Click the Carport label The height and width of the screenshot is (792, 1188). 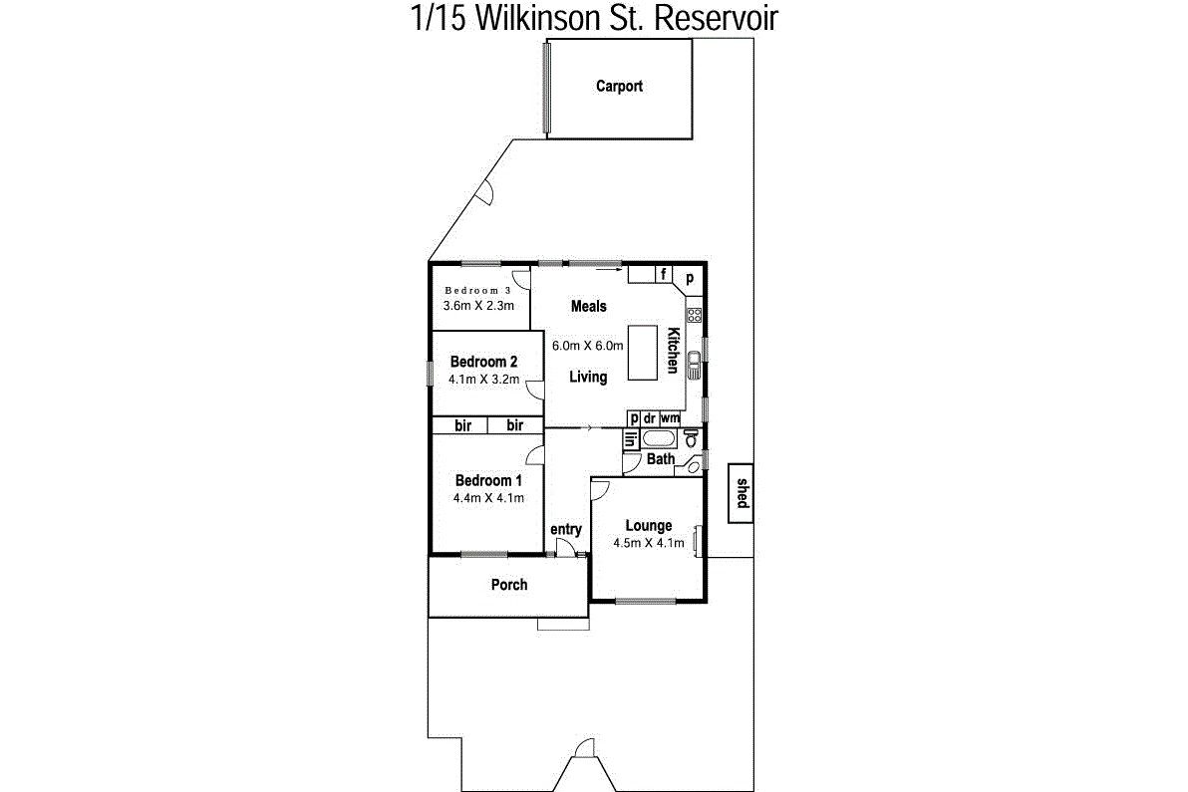619,87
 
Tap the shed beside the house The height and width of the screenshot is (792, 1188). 741,493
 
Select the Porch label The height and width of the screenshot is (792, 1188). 509,585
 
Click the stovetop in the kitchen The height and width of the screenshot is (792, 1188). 694,314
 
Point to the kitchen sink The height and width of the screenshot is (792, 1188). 694,365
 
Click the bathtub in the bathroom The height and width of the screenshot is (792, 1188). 659,439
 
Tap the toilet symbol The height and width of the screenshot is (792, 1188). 691,437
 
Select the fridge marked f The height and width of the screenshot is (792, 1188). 665,274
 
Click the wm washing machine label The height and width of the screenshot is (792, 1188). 670,418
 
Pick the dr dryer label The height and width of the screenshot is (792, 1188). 649,418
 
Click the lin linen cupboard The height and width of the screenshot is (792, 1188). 631,439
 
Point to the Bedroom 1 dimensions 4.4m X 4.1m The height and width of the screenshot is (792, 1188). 488,498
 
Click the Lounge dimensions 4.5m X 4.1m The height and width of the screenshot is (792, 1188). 649,543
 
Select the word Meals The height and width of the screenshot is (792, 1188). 589,306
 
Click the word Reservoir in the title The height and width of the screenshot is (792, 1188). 716,18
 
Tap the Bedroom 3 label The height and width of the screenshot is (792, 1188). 478,290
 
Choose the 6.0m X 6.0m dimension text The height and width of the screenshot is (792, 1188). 588,346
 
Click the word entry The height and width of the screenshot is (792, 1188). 566,530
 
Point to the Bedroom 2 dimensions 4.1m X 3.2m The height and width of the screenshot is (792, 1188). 484,380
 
